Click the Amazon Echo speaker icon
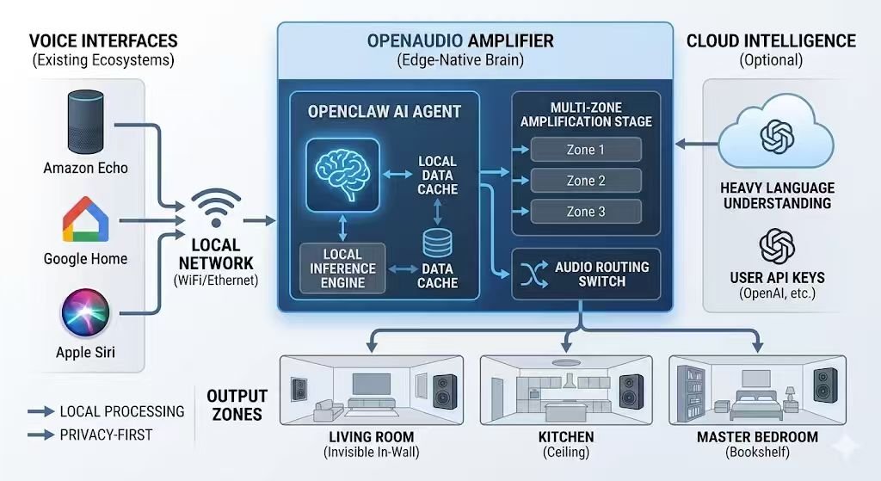pos(85,123)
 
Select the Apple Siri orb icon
pos(85,315)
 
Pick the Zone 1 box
pos(586,150)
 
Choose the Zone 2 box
pos(586,181)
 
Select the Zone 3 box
pos(586,212)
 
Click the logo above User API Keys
pos(776,246)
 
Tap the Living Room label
pos(371,437)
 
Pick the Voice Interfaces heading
pos(103,40)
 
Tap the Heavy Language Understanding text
pos(776,195)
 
